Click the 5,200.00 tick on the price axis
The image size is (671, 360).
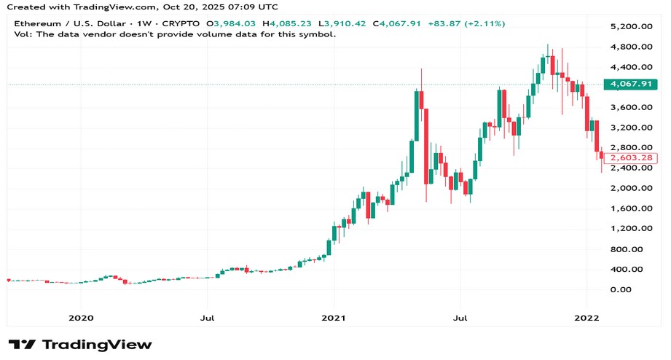pyautogui.click(x=629, y=27)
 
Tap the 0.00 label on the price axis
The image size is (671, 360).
pyautogui.click(x=621, y=289)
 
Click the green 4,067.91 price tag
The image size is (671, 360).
pyautogui.click(x=630, y=84)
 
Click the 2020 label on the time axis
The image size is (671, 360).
pyautogui.click(x=80, y=318)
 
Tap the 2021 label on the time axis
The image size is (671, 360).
pyautogui.click(x=334, y=318)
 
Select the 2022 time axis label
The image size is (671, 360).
pyautogui.click(x=587, y=318)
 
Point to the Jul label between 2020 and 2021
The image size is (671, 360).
pyautogui.click(x=208, y=318)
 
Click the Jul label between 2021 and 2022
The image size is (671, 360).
pyautogui.click(x=460, y=318)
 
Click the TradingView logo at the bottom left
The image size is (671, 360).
pyautogui.click(x=79, y=345)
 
